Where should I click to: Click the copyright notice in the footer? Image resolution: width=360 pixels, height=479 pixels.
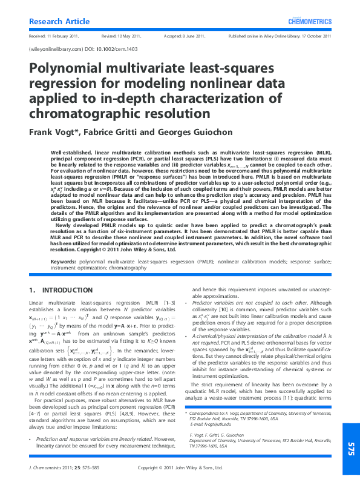click(180, 467)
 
